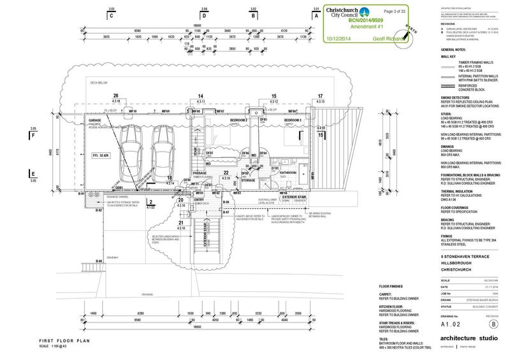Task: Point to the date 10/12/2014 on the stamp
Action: (x=339, y=38)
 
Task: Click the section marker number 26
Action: (x=116, y=96)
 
